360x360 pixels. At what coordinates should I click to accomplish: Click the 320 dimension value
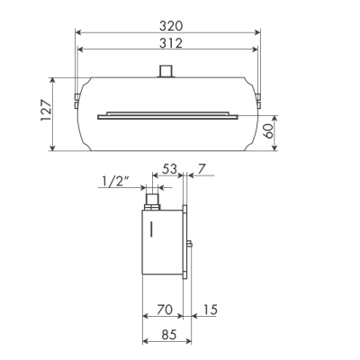tap(171, 26)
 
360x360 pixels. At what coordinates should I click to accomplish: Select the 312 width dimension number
tap(171, 43)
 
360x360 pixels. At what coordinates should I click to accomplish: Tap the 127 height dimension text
tap(46, 110)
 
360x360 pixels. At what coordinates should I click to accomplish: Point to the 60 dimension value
tap(269, 131)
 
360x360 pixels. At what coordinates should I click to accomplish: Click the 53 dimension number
tap(170, 169)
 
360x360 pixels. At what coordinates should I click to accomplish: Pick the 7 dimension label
tap(202, 169)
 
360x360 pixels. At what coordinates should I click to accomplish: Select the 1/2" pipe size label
tap(115, 182)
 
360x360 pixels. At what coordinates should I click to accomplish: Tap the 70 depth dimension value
tap(165, 310)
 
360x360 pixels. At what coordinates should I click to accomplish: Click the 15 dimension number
tap(210, 310)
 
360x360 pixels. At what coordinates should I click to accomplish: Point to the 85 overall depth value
tap(168, 335)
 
